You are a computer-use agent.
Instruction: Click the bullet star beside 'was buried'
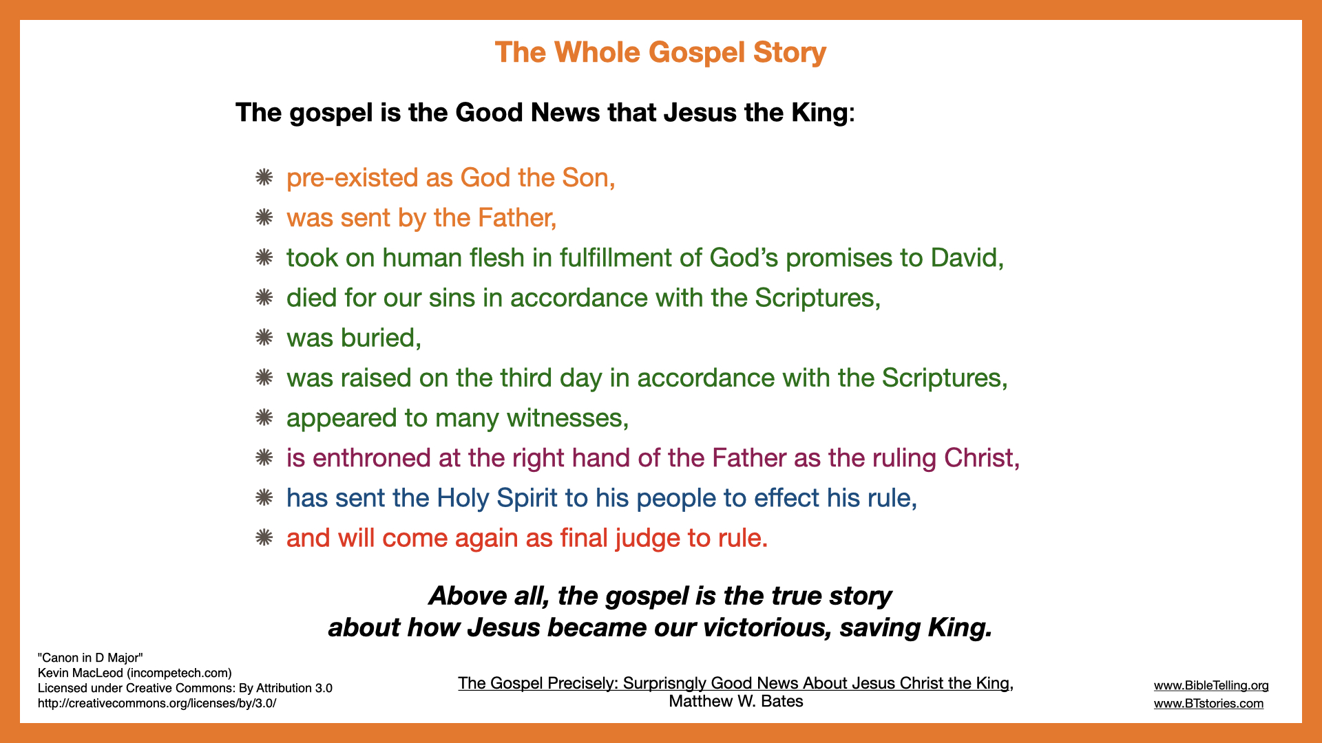(264, 338)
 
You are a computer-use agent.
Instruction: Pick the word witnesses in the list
(567, 418)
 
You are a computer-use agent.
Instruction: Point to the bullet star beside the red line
(264, 538)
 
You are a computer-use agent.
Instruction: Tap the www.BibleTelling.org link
(1211, 685)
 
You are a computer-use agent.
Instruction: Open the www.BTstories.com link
(1208, 703)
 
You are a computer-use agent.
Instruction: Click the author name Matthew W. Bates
(736, 701)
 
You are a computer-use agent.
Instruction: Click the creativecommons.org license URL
(157, 703)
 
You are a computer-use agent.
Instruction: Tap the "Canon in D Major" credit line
(90, 658)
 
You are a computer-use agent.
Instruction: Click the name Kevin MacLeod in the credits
(81, 673)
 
